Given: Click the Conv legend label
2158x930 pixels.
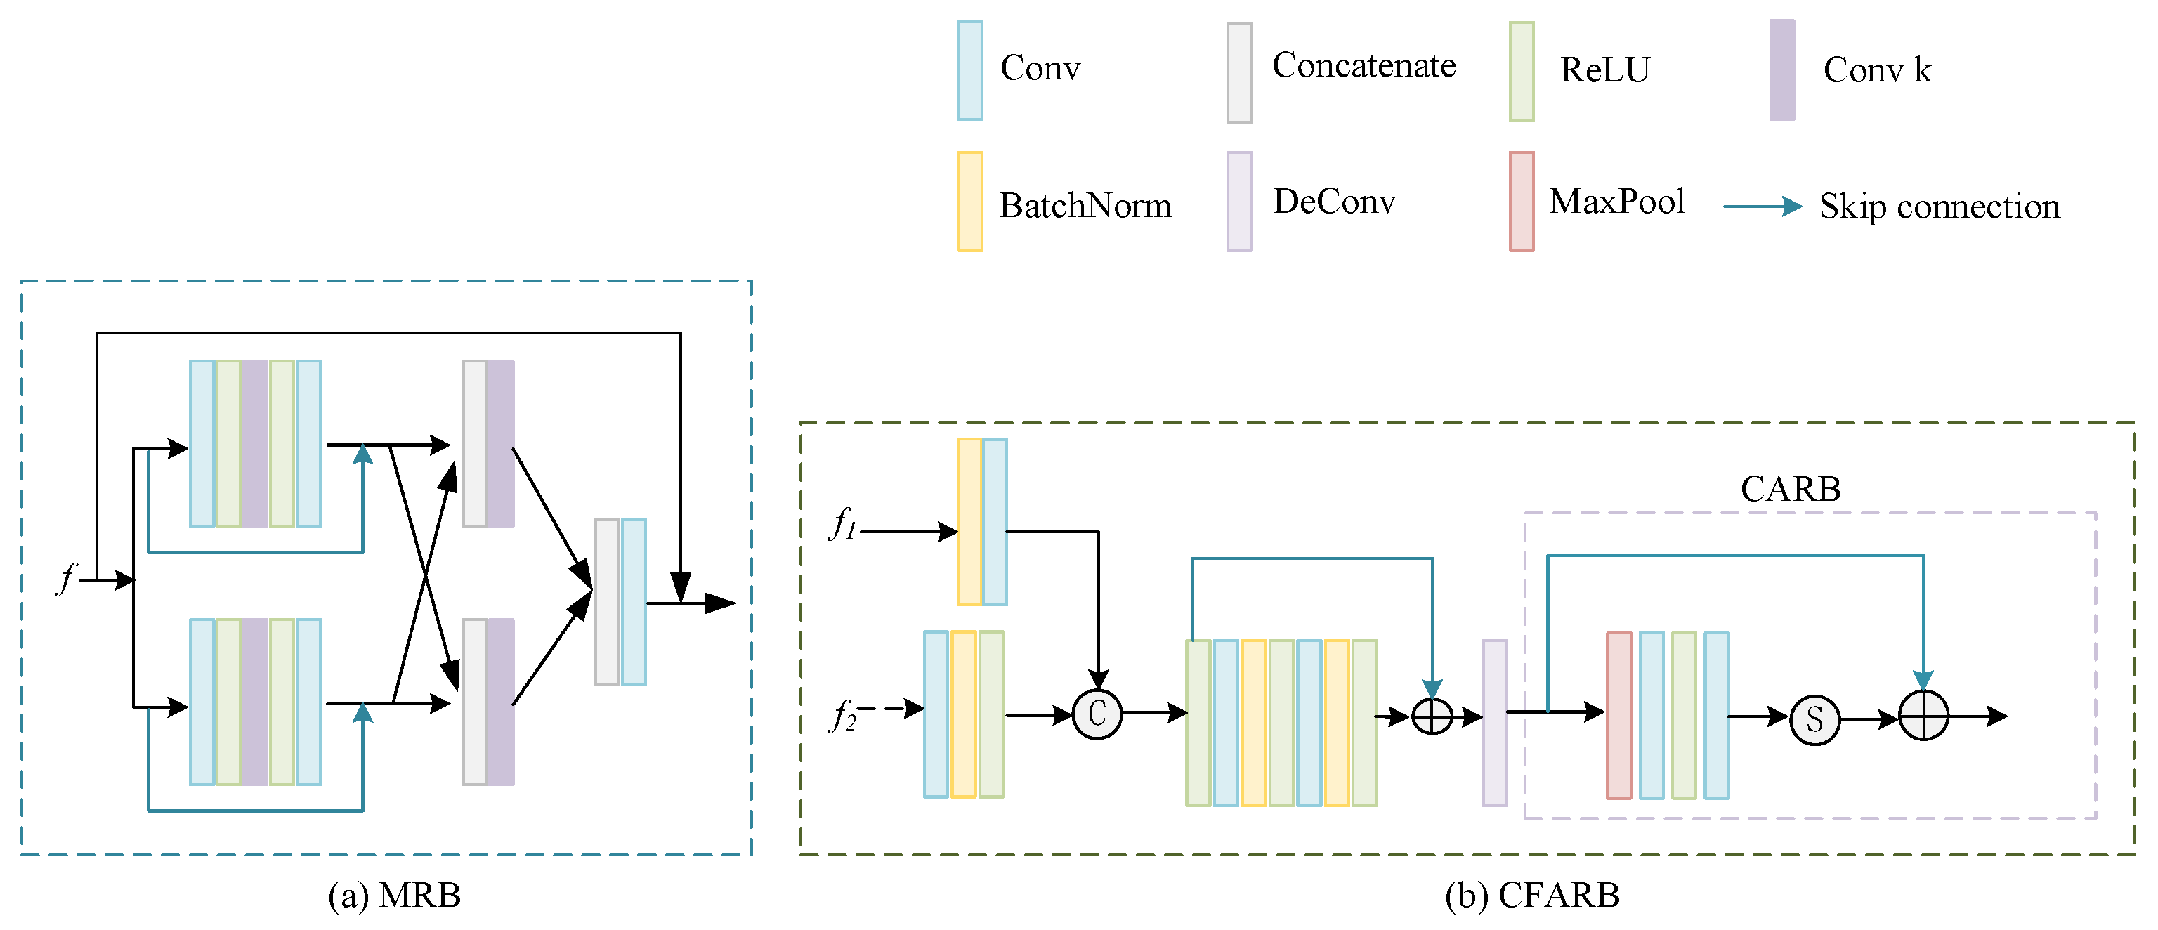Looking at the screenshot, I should coord(1040,69).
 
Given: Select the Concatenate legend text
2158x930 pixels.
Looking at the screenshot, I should coord(1363,65).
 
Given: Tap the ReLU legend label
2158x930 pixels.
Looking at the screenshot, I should coord(1604,70).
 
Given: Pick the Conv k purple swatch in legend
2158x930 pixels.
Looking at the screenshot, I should coord(1782,70).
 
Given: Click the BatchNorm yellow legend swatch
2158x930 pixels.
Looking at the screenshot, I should coord(969,201).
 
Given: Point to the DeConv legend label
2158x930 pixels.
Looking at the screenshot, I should coord(1334,201).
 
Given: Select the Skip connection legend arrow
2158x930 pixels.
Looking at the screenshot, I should coord(1762,206).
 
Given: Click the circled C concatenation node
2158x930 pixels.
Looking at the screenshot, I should coord(1097,714).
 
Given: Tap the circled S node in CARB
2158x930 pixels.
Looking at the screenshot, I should coord(1814,719).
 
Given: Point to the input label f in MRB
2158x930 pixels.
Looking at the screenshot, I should coord(66,578).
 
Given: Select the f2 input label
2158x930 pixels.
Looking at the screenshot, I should coord(843,716).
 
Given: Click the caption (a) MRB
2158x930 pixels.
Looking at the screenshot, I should coord(393,895).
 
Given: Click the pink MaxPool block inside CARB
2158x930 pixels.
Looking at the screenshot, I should coord(1618,714).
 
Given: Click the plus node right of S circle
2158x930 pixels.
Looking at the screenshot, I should coord(1923,716).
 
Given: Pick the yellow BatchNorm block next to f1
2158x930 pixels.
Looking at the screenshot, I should coord(969,521).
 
